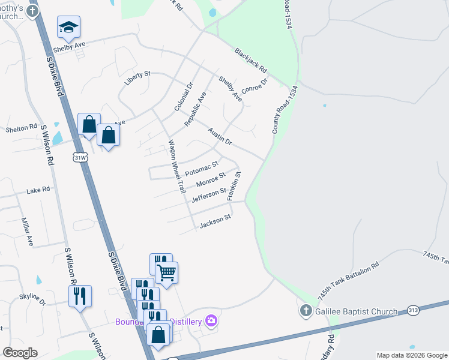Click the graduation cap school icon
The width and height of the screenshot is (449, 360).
68,26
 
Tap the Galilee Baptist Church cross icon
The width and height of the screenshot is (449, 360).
305,311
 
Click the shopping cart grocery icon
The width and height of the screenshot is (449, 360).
167,272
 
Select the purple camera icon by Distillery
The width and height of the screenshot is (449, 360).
211,321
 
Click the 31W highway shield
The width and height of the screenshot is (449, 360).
79,157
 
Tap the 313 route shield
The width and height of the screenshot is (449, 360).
412,310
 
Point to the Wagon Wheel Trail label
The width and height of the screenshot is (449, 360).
175,166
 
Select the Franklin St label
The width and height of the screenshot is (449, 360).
234,185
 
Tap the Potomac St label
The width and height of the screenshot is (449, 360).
202,168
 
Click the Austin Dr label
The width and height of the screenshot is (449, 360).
220,136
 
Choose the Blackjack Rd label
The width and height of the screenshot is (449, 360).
251,61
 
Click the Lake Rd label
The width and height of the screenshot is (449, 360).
38,190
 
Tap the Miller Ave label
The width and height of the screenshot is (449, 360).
27,232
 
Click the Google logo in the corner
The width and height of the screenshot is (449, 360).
20,353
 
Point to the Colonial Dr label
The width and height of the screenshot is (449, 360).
182,96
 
